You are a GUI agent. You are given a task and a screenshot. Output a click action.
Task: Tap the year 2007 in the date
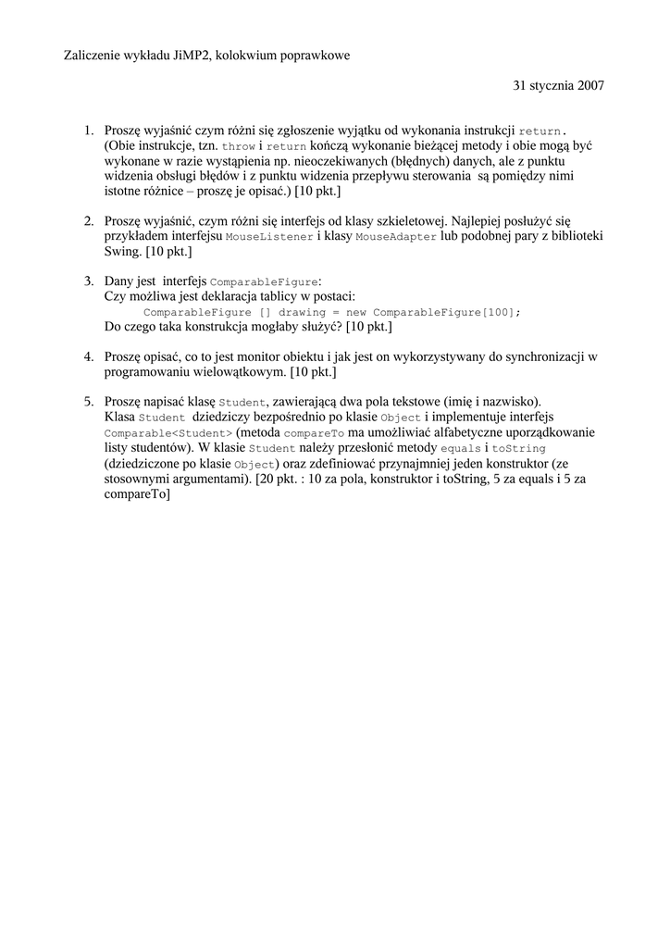[588, 85]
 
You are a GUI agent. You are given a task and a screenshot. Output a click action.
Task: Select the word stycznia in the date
[546, 85]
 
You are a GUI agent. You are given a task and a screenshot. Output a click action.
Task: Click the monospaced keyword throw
[239, 147]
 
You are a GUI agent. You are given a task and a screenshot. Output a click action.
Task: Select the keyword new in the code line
[358, 313]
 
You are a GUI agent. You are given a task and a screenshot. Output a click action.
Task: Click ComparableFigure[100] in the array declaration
[446, 313]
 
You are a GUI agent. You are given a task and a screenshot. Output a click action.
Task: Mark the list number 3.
[89, 281]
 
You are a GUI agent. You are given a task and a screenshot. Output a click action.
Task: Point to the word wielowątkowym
[240, 371]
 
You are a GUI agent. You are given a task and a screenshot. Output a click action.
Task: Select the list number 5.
[89, 402]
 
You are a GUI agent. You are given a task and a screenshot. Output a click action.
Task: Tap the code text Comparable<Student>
[167, 433]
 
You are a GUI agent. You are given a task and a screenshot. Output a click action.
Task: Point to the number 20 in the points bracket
[269, 479]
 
